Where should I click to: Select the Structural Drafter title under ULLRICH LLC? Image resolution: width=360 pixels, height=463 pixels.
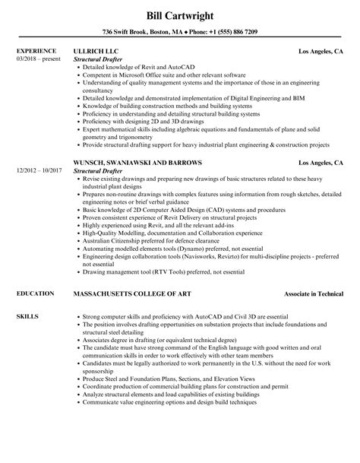coord(102,59)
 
